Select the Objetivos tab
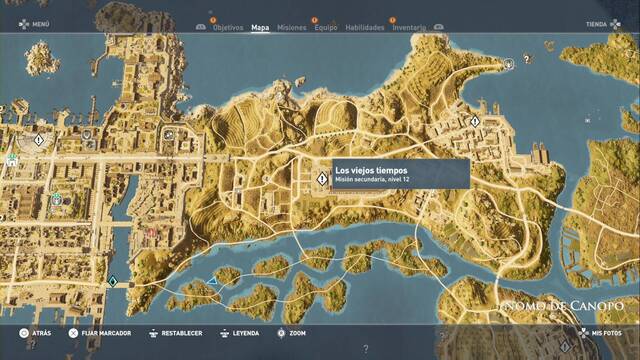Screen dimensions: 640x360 pos(228,28)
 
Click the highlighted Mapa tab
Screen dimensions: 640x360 pos(260,28)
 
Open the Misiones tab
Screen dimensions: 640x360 pos(292,28)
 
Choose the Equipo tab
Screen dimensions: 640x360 pos(325,28)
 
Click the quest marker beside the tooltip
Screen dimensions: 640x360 pos(322,179)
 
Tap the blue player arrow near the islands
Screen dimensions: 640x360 pos(212,282)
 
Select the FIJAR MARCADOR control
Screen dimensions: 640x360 pos(104,332)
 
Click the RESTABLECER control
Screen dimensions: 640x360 pos(180,332)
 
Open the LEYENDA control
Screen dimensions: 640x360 pos(245,332)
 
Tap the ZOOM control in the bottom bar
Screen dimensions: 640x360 pos(297,332)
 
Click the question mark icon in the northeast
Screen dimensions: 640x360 pos(509,62)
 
